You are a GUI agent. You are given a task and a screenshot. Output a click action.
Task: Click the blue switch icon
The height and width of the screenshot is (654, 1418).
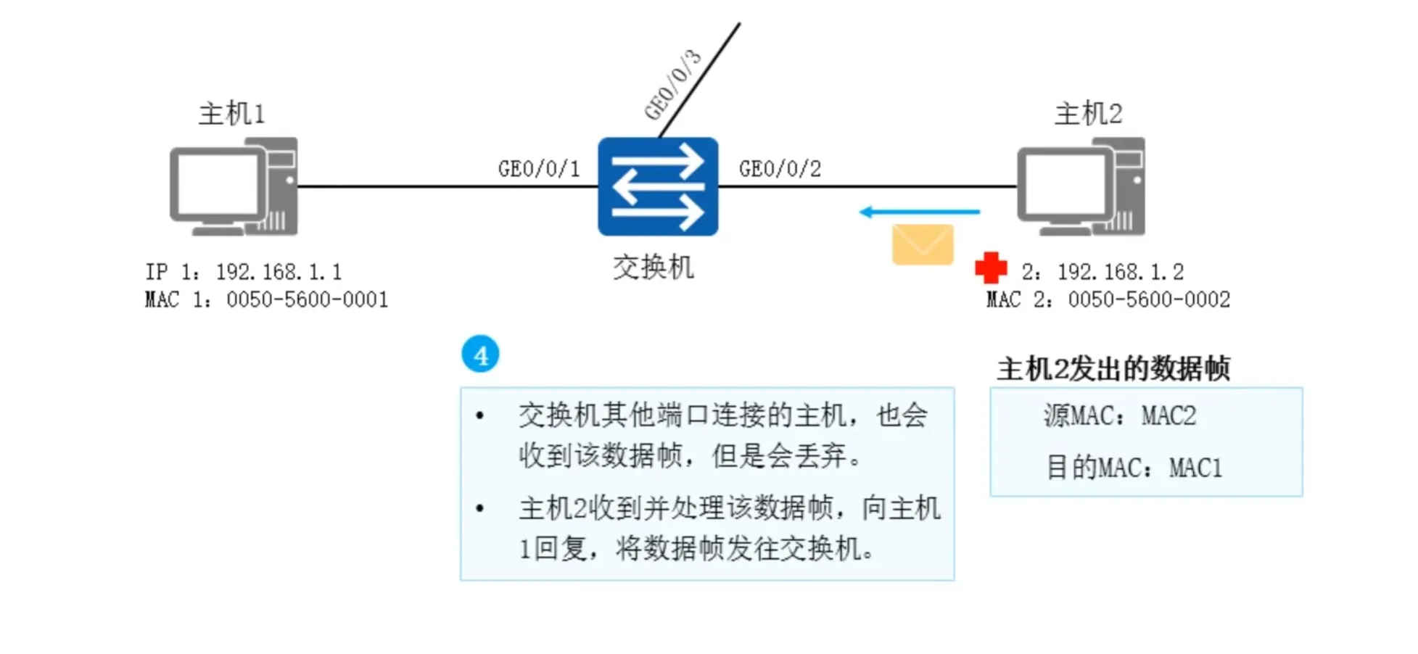tap(658, 186)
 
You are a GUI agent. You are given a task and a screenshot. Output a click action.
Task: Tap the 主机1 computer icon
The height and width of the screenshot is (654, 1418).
tap(234, 187)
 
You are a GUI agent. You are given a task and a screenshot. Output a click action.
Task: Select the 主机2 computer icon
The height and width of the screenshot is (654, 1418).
tap(1081, 187)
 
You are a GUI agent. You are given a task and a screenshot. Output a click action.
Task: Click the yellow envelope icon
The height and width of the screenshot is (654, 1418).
tap(923, 244)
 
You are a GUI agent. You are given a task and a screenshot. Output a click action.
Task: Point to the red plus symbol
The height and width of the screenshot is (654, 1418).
tap(991, 268)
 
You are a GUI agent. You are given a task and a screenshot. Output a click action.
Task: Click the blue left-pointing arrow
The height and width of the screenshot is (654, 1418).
tap(919, 212)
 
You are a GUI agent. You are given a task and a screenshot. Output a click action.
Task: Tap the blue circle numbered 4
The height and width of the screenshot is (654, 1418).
tap(480, 355)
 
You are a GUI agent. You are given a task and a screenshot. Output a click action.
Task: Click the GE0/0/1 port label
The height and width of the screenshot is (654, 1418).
tap(539, 169)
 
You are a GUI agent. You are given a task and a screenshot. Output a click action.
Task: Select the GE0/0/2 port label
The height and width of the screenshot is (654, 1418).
tap(780, 169)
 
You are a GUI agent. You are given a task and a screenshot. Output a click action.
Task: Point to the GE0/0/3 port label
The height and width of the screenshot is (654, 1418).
tap(673, 85)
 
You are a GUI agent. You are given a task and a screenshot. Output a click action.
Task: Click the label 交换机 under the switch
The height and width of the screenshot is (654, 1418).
tap(654, 268)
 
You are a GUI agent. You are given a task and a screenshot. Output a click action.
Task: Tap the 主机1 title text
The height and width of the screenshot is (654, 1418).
tap(232, 114)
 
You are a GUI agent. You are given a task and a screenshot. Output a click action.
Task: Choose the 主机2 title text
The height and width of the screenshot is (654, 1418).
tap(1088, 114)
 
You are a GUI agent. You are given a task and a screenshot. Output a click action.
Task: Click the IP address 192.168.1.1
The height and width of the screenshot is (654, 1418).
tap(279, 272)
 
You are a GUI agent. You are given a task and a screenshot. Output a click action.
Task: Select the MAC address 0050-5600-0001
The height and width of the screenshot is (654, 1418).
tap(307, 299)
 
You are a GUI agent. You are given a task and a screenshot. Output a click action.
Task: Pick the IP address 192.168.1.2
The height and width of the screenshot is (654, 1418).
tap(1120, 272)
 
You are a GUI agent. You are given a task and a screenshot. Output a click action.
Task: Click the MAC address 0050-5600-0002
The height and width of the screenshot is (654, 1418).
tap(1149, 299)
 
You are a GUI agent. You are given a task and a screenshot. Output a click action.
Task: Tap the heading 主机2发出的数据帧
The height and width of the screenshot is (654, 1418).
tap(1113, 369)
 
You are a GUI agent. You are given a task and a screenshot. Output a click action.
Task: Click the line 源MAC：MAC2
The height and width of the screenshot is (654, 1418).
tap(1120, 415)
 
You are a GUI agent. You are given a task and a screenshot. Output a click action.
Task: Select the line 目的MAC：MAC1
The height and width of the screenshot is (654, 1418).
tap(1134, 468)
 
